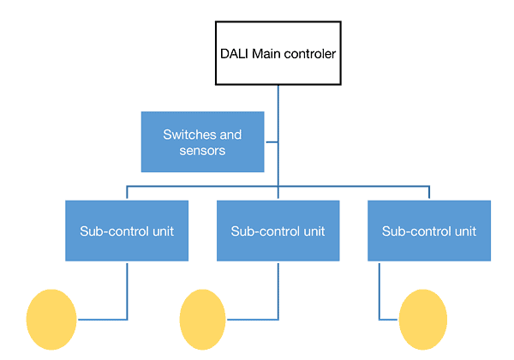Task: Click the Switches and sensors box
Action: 202,141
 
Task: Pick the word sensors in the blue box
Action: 202,150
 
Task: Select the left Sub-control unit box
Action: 127,231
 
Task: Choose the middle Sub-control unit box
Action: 278,231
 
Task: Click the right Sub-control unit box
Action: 429,231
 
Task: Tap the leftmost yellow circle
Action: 51,320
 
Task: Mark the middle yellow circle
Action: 204,320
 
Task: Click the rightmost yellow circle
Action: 423,320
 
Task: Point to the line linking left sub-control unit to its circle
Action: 127,291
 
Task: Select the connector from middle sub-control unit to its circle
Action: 278,291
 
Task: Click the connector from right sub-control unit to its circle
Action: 380,291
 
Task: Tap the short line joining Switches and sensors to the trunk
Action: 272,141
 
